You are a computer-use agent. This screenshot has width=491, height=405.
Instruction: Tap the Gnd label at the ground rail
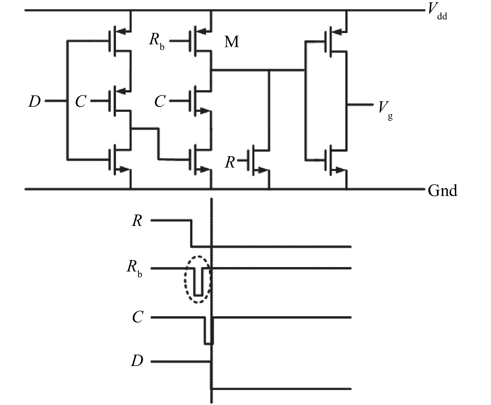click(x=442, y=190)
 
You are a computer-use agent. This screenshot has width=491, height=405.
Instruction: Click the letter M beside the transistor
click(x=232, y=41)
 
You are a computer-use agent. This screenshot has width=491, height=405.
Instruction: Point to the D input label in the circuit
click(x=34, y=101)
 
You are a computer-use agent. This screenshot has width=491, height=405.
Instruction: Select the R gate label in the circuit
click(x=230, y=162)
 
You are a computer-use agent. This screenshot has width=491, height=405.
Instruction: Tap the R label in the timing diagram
click(x=137, y=221)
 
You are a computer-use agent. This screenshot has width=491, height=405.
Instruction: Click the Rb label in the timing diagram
click(x=134, y=268)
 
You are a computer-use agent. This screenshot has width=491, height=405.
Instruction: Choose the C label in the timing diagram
click(x=137, y=317)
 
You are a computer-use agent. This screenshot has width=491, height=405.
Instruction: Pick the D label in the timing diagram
click(x=137, y=361)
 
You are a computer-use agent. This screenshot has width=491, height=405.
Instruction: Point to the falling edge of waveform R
click(x=191, y=233)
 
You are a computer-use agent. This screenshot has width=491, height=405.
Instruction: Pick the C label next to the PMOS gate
click(x=81, y=101)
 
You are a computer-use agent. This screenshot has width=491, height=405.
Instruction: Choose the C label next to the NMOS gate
click(x=160, y=101)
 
